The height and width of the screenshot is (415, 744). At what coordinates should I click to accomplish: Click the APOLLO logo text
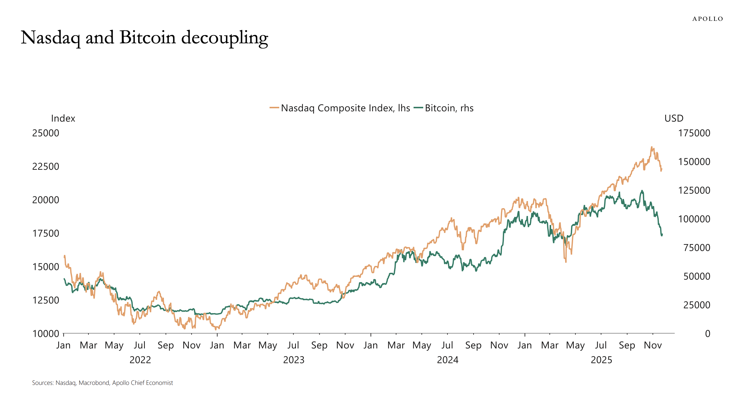pyautogui.click(x=707, y=19)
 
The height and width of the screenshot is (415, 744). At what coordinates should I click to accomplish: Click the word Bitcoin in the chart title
pyautogui.click(x=148, y=38)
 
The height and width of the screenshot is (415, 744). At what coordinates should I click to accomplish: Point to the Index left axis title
pyautogui.click(x=63, y=118)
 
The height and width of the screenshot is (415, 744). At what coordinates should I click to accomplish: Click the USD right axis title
pyautogui.click(x=674, y=118)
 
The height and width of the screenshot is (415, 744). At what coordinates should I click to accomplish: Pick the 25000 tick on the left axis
pyautogui.click(x=46, y=133)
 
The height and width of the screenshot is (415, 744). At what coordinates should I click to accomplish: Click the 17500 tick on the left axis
pyautogui.click(x=46, y=234)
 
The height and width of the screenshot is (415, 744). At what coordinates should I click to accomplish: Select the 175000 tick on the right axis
pyautogui.click(x=694, y=133)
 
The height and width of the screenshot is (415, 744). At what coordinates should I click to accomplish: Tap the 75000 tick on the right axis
pyautogui.click(x=697, y=248)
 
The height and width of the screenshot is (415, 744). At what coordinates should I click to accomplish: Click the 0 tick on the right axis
pyautogui.click(x=707, y=334)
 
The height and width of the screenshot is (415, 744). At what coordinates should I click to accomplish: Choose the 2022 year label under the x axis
pyautogui.click(x=140, y=360)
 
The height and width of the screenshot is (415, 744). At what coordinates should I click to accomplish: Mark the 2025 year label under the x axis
pyautogui.click(x=601, y=360)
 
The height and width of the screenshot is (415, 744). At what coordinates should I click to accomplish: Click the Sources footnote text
pyautogui.click(x=102, y=383)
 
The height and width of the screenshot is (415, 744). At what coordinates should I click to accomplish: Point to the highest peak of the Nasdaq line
pyautogui.click(x=652, y=147)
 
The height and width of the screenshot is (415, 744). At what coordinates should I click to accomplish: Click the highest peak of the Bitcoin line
pyautogui.click(x=642, y=191)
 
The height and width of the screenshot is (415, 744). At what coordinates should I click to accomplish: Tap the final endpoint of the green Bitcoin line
pyautogui.click(x=662, y=234)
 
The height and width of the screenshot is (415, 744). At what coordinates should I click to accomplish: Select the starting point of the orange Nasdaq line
pyautogui.click(x=64, y=256)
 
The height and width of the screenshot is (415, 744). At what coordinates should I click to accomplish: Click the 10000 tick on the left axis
pyautogui.click(x=46, y=334)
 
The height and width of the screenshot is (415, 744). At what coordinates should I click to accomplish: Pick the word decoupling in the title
pyautogui.click(x=224, y=38)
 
